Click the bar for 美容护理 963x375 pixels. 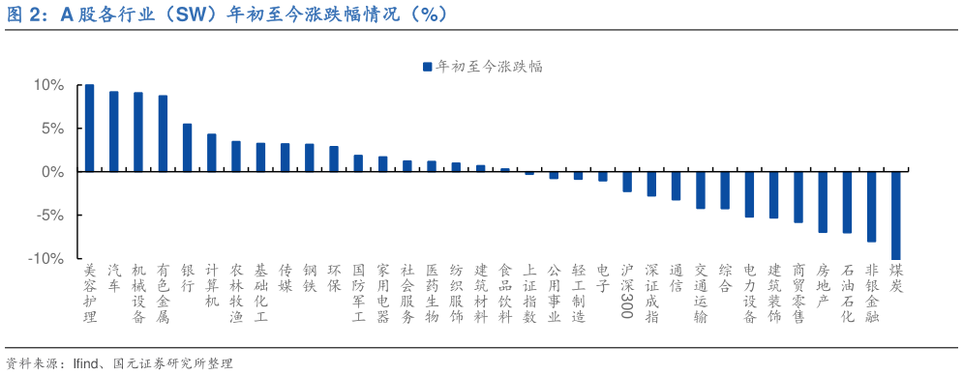pos(89,128)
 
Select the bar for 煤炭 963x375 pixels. pos(895,215)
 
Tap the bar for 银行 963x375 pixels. pos(187,147)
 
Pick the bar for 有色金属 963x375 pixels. pos(163,132)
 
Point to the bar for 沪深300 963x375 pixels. pos(627,181)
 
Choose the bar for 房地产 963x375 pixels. pos(823,201)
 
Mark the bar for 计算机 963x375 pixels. pos(211,152)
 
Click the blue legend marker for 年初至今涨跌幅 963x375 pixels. pos(426,67)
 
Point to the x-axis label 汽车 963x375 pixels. pos(114,278)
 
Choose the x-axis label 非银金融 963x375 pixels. pos(871,293)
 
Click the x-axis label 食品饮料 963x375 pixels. pos(504,293)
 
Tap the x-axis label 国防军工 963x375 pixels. pos(358,293)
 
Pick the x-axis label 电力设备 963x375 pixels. pos(749,293)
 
